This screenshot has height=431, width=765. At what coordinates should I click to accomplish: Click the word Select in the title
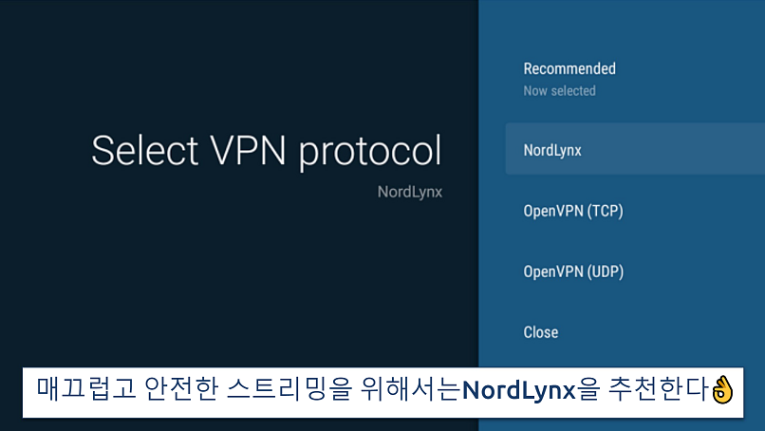pyautogui.click(x=145, y=150)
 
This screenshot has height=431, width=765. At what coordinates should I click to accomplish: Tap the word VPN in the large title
pyautogui.click(x=248, y=150)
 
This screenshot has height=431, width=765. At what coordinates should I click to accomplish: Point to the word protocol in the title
pyautogui.click(x=370, y=153)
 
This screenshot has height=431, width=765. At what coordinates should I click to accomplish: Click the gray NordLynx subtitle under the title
pyautogui.click(x=410, y=192)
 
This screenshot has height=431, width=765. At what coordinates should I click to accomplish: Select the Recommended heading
pyautogui.click(x=569, y=68)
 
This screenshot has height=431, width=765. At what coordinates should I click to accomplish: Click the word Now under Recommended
pyautogui.click(x=535, y=91)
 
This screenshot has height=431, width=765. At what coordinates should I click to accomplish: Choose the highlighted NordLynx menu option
pyautogui.click(x=552, y=150)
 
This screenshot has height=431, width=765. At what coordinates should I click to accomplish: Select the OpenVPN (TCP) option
pyautogui.click(x=573, y=211)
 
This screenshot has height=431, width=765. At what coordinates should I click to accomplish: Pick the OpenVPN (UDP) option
pyautogui.click(x=573, y=272)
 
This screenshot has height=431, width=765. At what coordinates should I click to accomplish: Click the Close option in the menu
pyautogui.click(x=541, y=332)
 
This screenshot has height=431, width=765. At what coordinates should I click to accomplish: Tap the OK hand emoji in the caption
pyautogui.click(x=722, y=389)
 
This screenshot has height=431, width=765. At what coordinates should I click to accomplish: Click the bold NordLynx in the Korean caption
pyautogui.click(x=518, y=390)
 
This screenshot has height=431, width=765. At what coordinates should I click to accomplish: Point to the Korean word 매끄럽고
pyautogui.click(x=85, y=389)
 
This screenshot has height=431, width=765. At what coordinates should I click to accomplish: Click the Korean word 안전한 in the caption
pyautogui.click(x=181, y=389)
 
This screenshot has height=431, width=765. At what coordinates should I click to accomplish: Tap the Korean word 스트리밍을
pyautogui.click(x=289, y=389)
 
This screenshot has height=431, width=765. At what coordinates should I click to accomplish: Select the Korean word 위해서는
pyautogui.click(x=411, y=389)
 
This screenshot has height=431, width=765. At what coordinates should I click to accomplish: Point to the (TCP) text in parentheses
pyautogui.click(x=605, y=211)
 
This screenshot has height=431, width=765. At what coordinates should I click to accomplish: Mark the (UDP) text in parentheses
pyautogui.click(x=605, y=272)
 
